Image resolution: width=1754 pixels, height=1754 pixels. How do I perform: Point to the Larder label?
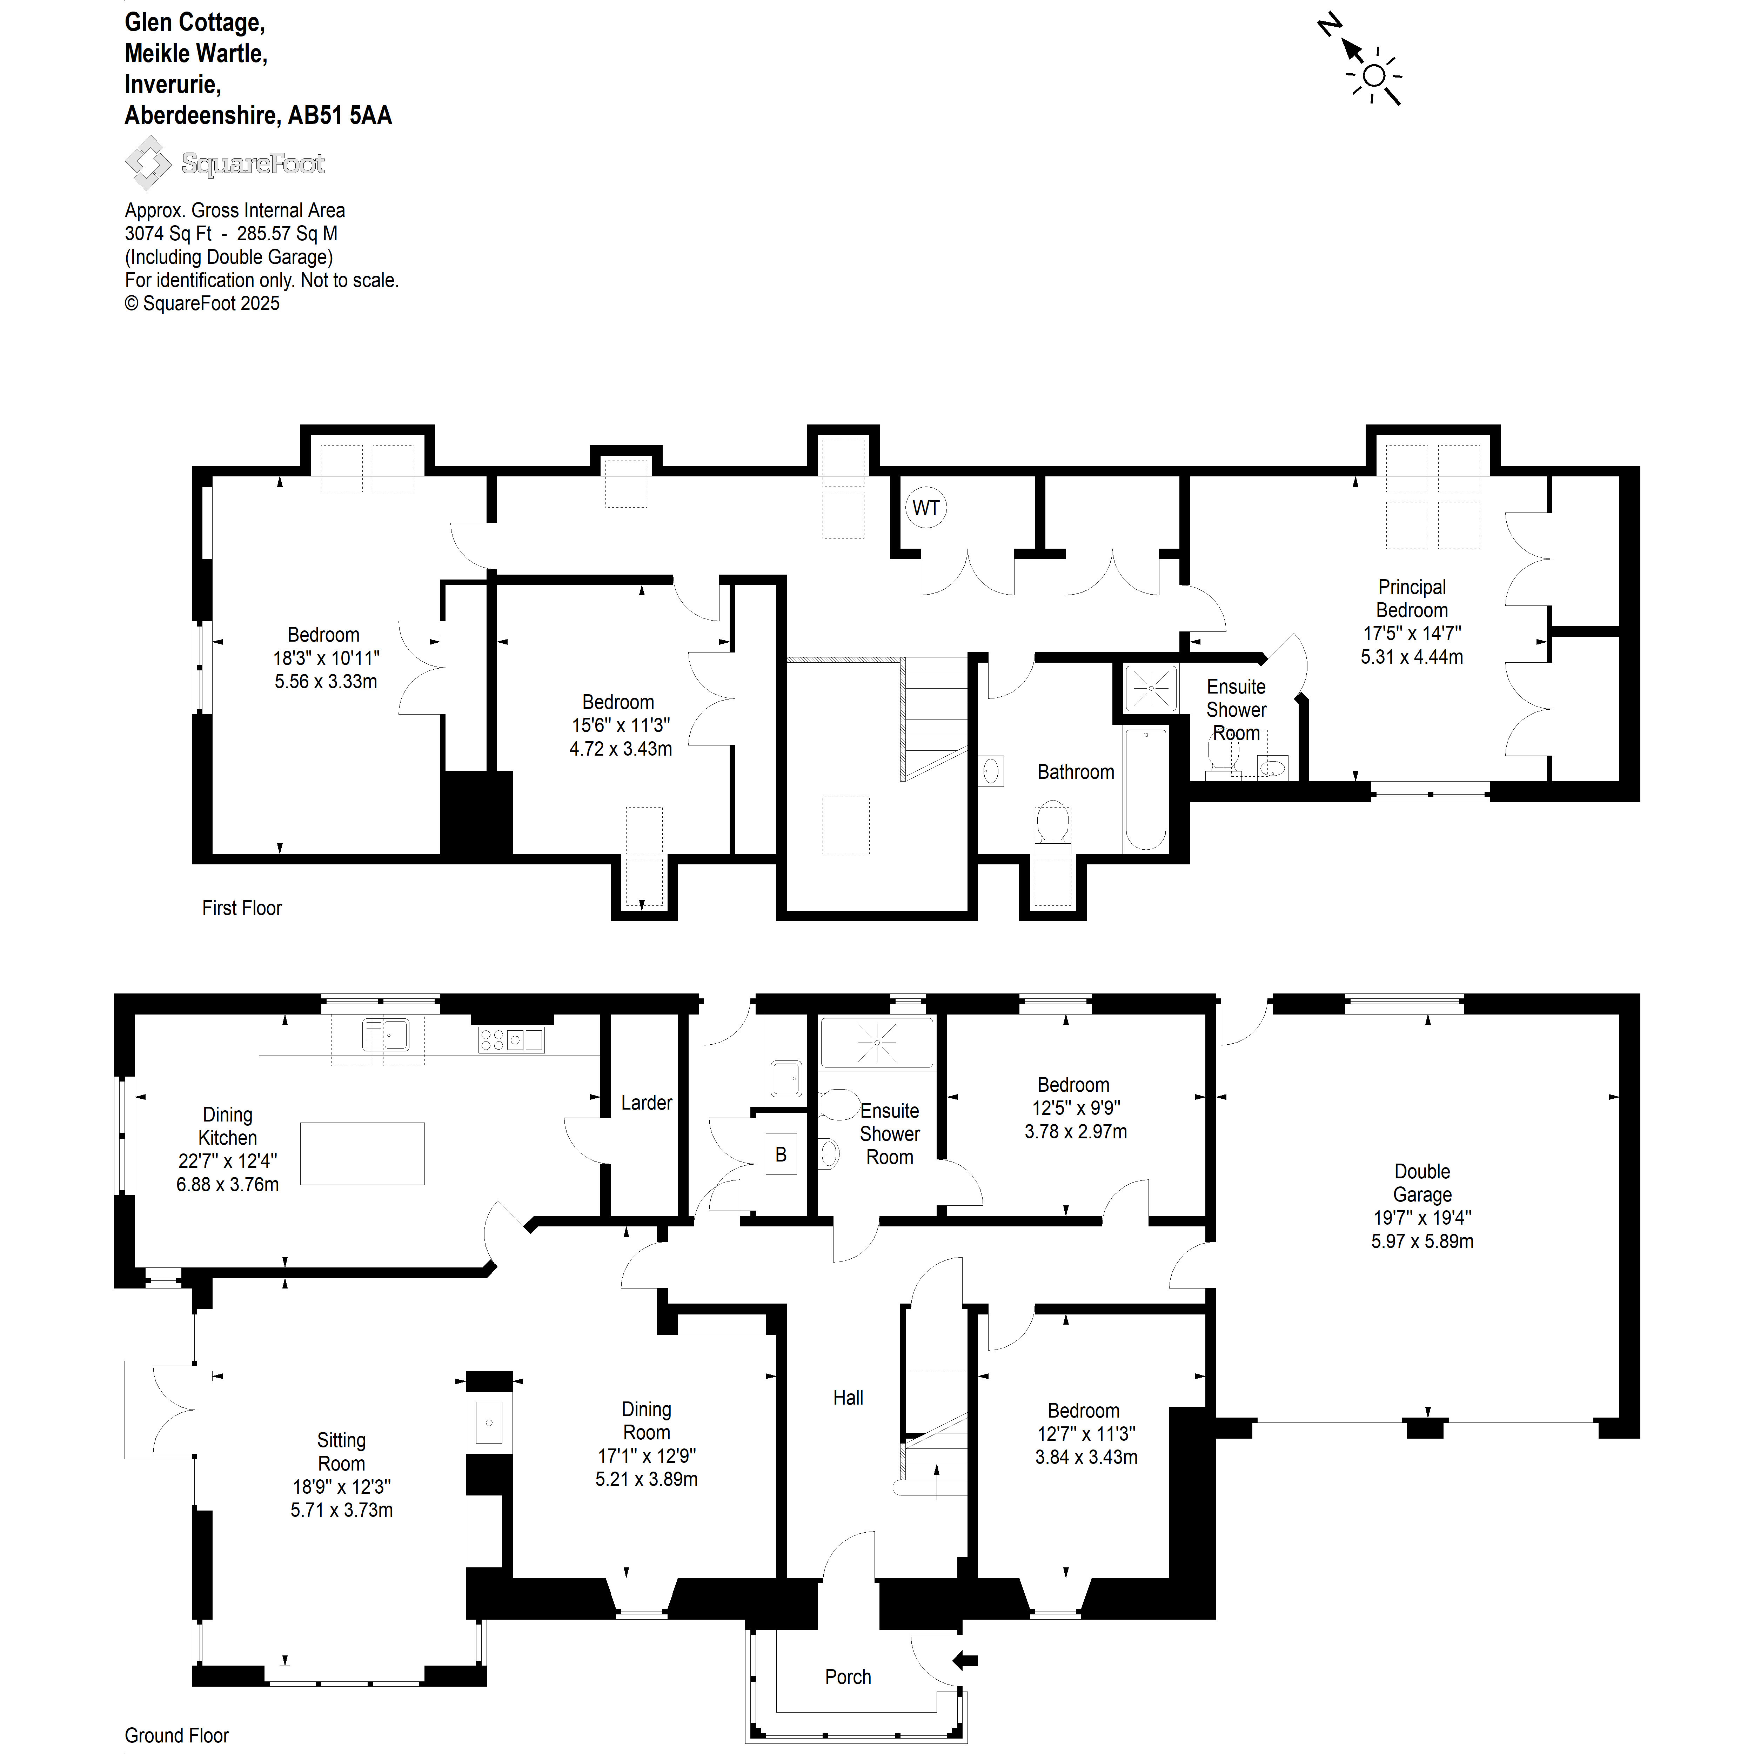647,1103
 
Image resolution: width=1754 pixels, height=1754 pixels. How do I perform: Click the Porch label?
848,1677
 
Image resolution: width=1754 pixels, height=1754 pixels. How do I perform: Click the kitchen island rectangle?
362,1154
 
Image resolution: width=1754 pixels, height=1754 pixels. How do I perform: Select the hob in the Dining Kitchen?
511,1039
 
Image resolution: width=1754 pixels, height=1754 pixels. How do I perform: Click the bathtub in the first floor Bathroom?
1146,789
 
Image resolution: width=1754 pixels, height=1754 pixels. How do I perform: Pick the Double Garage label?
1422,1183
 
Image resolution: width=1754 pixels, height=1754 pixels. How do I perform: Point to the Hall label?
848,1397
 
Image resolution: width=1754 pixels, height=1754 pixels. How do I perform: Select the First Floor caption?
241,908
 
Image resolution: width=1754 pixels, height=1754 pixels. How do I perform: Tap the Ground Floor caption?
177,1735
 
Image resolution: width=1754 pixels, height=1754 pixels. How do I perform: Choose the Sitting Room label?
341,1452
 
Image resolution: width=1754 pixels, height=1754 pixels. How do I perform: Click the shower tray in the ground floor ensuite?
877,1042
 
